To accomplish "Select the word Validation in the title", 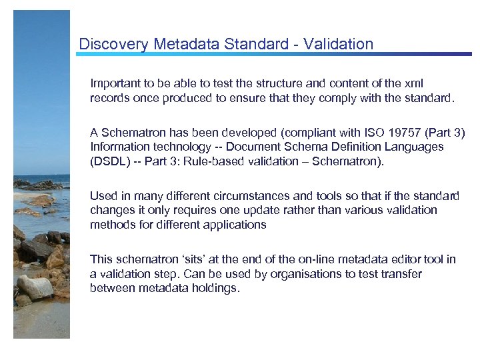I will (338, 45).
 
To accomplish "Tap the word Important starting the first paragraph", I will (114, 84).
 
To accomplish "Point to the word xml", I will (413, 84).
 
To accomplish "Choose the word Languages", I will (417, 147).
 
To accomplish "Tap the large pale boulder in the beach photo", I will (35, 288).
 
